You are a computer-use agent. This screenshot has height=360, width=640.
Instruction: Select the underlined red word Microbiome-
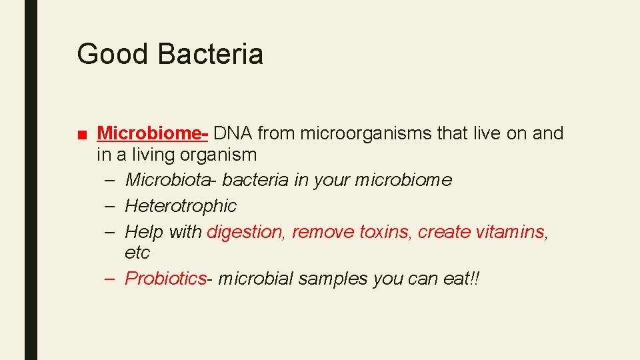click(x=153, y=133)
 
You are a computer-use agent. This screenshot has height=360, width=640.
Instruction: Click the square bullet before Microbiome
click(x=82, y=135)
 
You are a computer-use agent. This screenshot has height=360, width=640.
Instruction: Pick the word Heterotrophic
click(x=181, y=206)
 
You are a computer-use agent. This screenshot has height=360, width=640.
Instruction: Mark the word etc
click(x=137, y=253)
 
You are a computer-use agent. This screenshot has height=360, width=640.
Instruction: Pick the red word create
click(x=444, y=232)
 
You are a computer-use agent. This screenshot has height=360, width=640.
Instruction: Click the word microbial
click(x=255, y=278)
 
